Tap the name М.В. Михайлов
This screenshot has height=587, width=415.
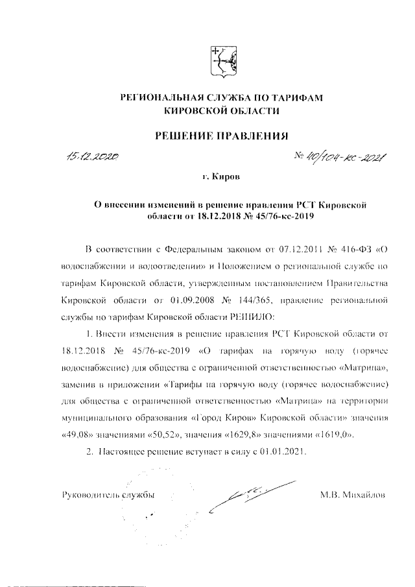pos(353,495)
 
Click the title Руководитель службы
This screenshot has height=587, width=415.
pos(107,495)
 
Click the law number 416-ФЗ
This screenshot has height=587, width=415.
pos(337,249)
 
